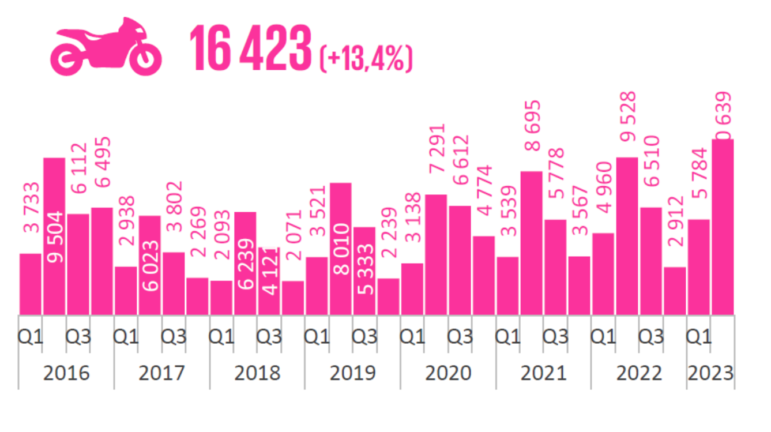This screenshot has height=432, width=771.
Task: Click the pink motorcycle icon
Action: pyautogui.click(x=106, y=47)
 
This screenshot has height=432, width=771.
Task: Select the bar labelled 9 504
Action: pyautogui.click(x=54, y=236)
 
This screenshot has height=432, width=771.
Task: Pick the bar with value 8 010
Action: pyautogui.click(x=340, y=248)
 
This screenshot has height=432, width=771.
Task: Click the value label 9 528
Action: pyautogui.click(x=627, y=117)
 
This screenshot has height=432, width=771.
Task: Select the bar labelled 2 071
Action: pyautogui.click(x=293, y=298)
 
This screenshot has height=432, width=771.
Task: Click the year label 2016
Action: pyautogui.click(x=66, y=373)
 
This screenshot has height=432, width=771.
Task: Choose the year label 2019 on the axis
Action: pyautogui.click(x=352, y=373)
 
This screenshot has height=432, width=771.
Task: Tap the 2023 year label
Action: pyautogui.click(x=710, y=373)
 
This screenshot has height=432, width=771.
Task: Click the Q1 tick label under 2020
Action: pyautogui.click(x=413, y=336)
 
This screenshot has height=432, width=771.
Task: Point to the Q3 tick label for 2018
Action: pyautogui.click(x=269, y=336)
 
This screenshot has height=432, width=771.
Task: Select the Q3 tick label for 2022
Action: pyautogui.click(x=651, y=336)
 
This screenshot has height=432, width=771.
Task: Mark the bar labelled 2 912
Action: pyautogui.click(x=675, y=291)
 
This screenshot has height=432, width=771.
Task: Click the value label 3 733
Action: pyautogui.click(x=31, y=208)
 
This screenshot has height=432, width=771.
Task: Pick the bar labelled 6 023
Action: pyautogui.click(x=150, y=265)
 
